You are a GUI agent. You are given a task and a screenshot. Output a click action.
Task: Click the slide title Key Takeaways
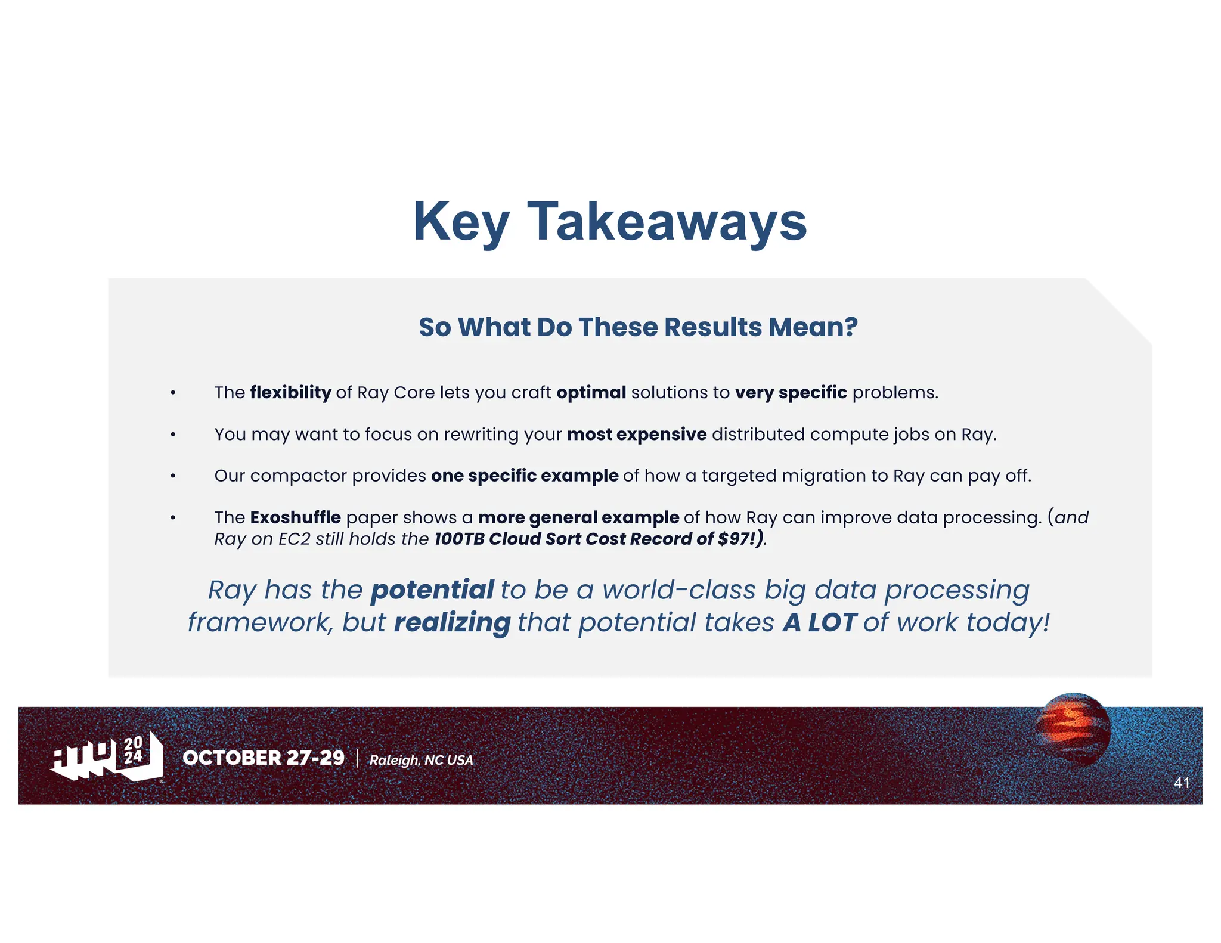pos(610,222)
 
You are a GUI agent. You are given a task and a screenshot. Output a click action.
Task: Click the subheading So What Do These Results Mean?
pos(638,327)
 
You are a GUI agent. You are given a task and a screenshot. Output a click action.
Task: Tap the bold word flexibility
pos(290,392)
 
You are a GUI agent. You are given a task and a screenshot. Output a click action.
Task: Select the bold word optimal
pos(591,392)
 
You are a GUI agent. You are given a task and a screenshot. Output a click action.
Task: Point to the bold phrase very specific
pos(791,392)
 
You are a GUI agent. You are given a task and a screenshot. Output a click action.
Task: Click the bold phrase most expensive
pos(636,434)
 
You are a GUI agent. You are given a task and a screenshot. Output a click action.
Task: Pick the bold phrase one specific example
pos(525,476)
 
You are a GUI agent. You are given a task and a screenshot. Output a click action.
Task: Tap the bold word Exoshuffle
pos(295,517)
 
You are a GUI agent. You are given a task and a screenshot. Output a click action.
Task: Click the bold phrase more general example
pos(578,517)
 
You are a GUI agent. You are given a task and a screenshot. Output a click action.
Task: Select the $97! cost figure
pos(737,539)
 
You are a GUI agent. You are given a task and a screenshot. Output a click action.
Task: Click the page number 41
pos(1182,783)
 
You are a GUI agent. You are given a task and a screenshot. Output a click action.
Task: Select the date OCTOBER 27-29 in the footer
pos(264,758)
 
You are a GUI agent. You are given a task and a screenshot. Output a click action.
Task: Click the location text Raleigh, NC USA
pos(421,760)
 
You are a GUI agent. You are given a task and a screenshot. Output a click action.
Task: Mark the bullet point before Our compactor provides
pos(173,476)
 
